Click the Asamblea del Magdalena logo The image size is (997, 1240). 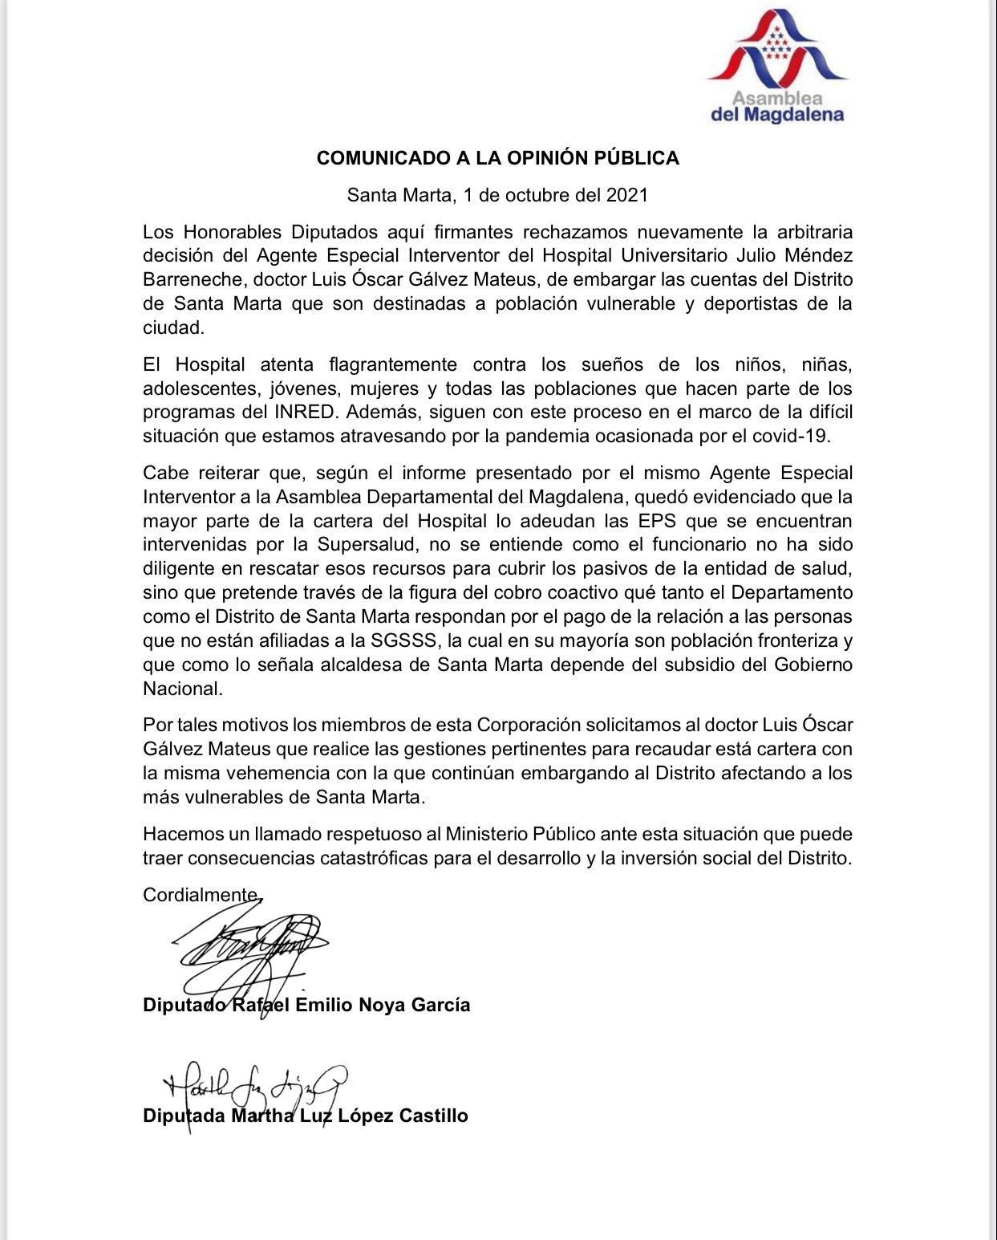[776, 67]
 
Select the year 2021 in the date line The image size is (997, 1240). [627, 195]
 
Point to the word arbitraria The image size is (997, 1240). [815, 232]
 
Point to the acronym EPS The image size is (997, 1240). [654, 521]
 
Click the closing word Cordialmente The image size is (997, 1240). [201, 895]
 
